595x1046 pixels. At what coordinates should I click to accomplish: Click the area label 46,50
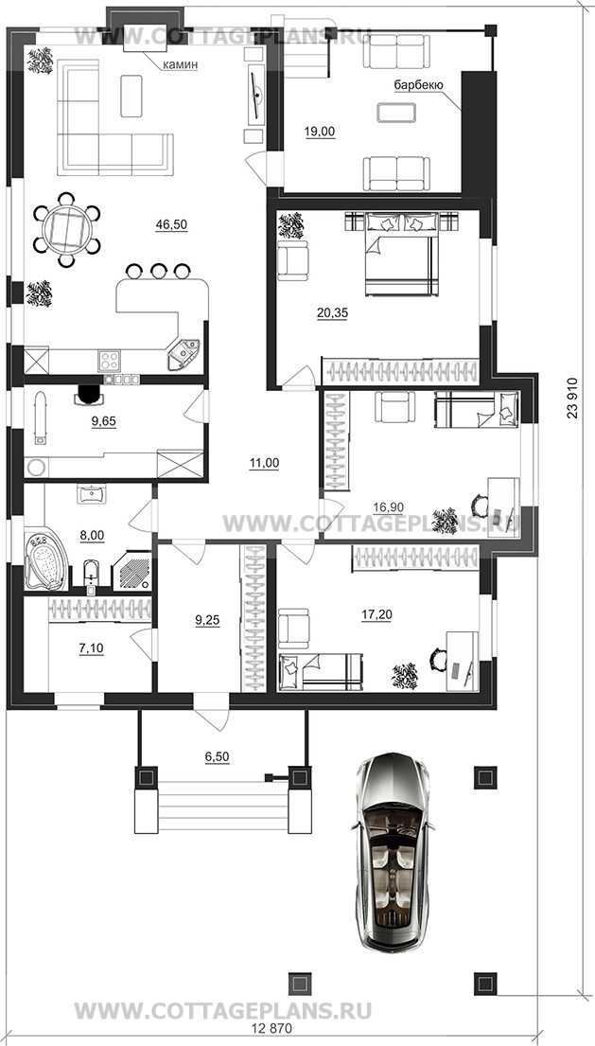click(x=171, y=224)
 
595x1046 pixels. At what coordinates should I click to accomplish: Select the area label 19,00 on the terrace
click(x=320, y=133)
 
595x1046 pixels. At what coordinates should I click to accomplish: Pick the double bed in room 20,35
click(x=402, y=254)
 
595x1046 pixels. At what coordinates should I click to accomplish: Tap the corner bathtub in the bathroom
click(x=46, y=559)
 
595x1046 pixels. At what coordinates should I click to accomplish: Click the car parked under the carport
click(x=394, y=851)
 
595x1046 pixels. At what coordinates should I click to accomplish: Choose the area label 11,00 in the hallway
click(x=264, y=463)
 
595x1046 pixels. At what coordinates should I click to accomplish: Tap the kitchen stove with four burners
click(x=109, y=361)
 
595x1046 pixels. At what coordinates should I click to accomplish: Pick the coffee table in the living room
click(x=131, y=96)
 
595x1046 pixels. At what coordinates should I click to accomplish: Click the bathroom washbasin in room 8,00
click(x=91, y=493)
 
